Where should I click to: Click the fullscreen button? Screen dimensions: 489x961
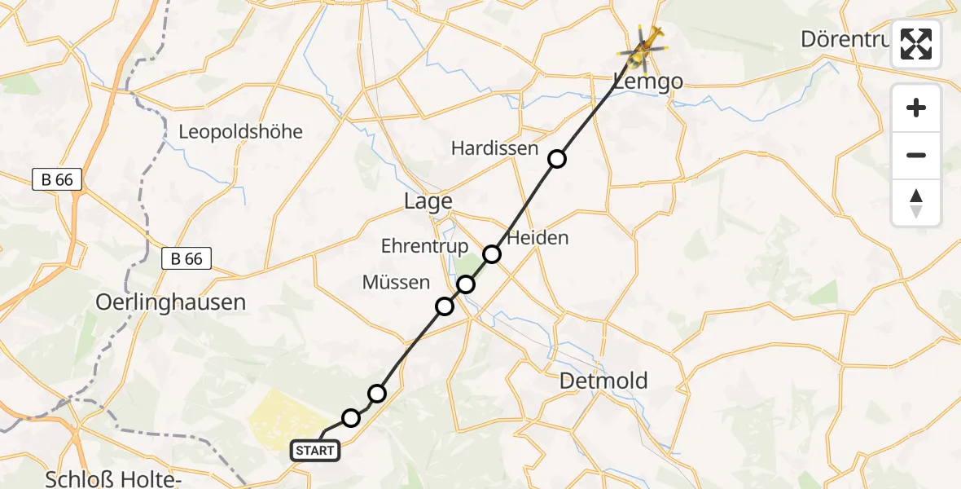[x=916, y=44]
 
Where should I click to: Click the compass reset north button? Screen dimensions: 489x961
[x=916, y=203]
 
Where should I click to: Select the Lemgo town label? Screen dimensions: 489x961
[x=647, y=80]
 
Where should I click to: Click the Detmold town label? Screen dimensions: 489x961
[x=604, y=380]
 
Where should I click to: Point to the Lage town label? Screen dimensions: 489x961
[x=428, y=201]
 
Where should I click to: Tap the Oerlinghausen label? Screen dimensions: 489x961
[x=170, y=302]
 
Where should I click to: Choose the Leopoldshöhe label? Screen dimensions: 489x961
[x=240, y=131]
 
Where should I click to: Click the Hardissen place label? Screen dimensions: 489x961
[x=494, y=148]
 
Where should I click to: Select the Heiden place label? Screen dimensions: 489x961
[x=538, y=238]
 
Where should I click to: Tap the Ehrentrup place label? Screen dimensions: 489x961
[x=424, y=246]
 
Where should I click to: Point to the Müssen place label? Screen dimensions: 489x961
[x=396, y=283]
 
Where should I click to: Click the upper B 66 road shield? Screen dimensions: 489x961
[x=57, y=180]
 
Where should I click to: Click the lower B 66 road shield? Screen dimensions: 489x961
[x=186, y=259]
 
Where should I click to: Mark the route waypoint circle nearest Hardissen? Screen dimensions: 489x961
[x=556, y=159]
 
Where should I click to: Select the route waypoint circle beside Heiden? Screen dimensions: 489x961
[x=492, y=254]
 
